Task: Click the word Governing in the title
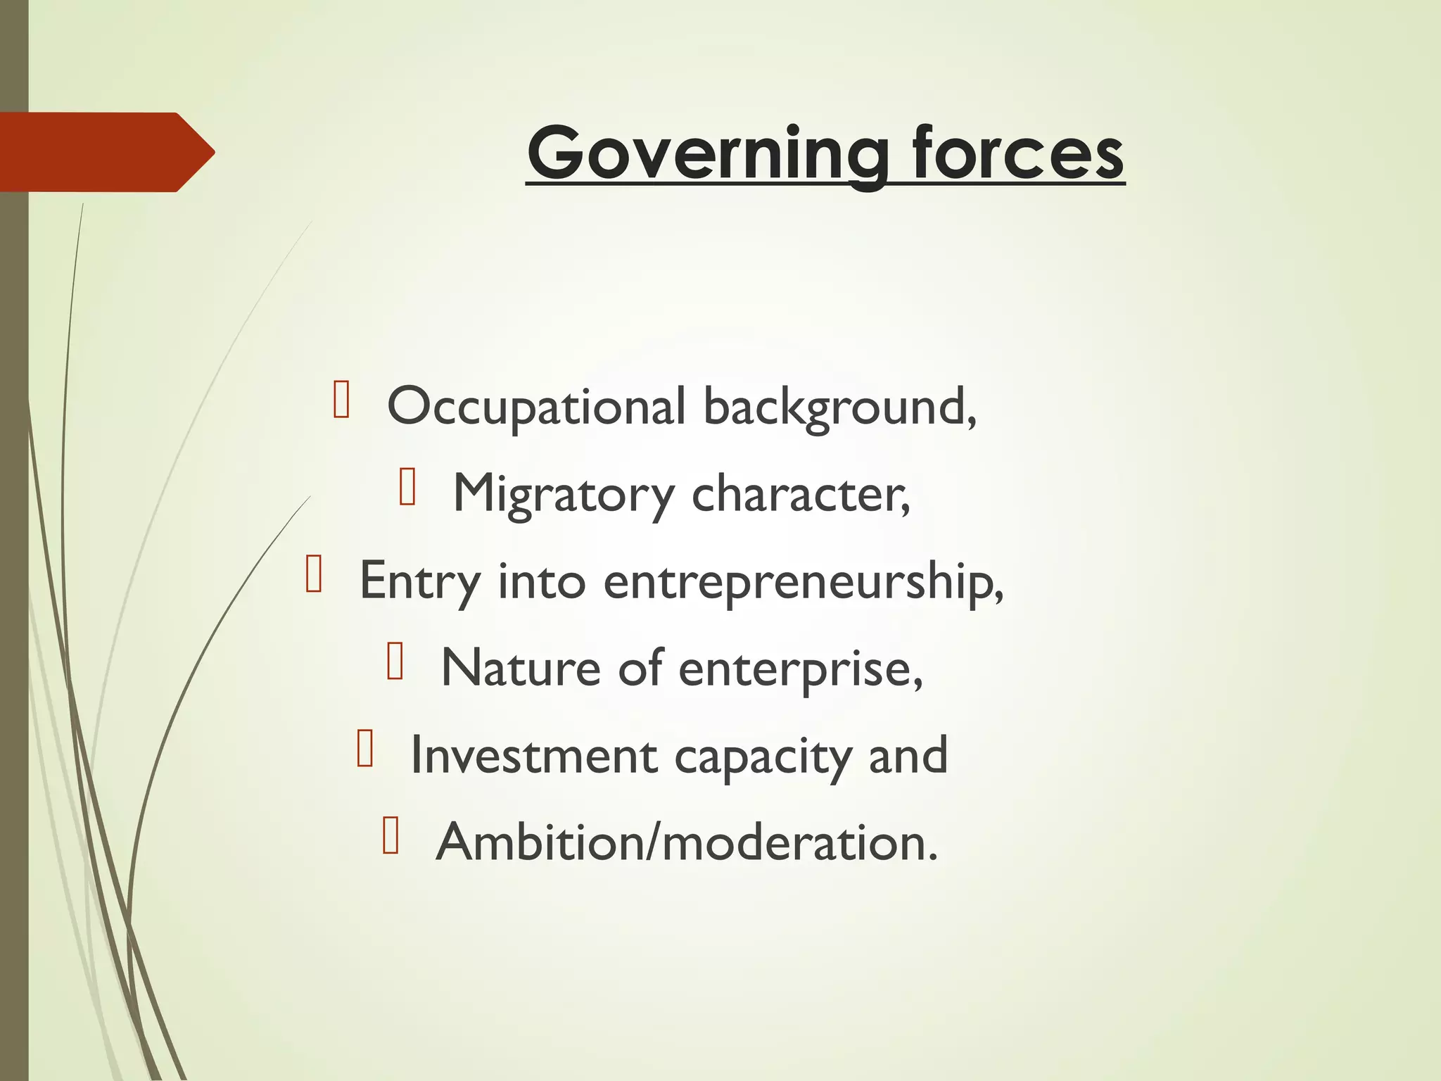pyautogui.click(x=708, y=153)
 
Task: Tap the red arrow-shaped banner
pyautogui.click(x=106, y=152)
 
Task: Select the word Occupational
pyautogui.click(x=536, y=407)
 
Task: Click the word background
pyautogui.click(x=839, y=407)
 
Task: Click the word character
pyautogui.click(x=800, y=495)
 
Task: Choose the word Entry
pyautogui.click(x=420, y=582)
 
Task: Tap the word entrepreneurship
pyautogui.click(x=802, y=582)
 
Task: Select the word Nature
pyautogui.click(x=520, y=669)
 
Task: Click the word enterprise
pyautogui.click(x=799, y=669)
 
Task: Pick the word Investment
pyautogui.click(x=533, y=756)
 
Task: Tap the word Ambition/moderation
pyautogui.click(x=686, y=842)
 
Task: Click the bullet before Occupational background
pyautogui.click(x=341, y=400)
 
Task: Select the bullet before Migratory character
pyautogui.click(x=407, y=487)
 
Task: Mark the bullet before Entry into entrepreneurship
pyautogui.click(x=314, y=574)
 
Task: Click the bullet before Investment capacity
pyautogui.click(x=364, y=748)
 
